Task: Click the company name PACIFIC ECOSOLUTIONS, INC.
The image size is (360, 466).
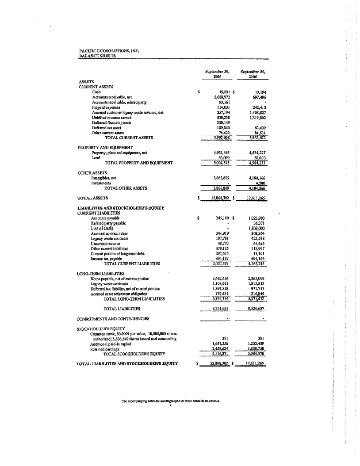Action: (x=109, y=51)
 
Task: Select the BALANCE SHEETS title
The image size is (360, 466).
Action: (x=91, y=56)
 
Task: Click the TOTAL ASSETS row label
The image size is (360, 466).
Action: (x=93, y=198)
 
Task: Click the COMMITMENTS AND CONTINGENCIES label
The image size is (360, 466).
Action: (x=113, y=318)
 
